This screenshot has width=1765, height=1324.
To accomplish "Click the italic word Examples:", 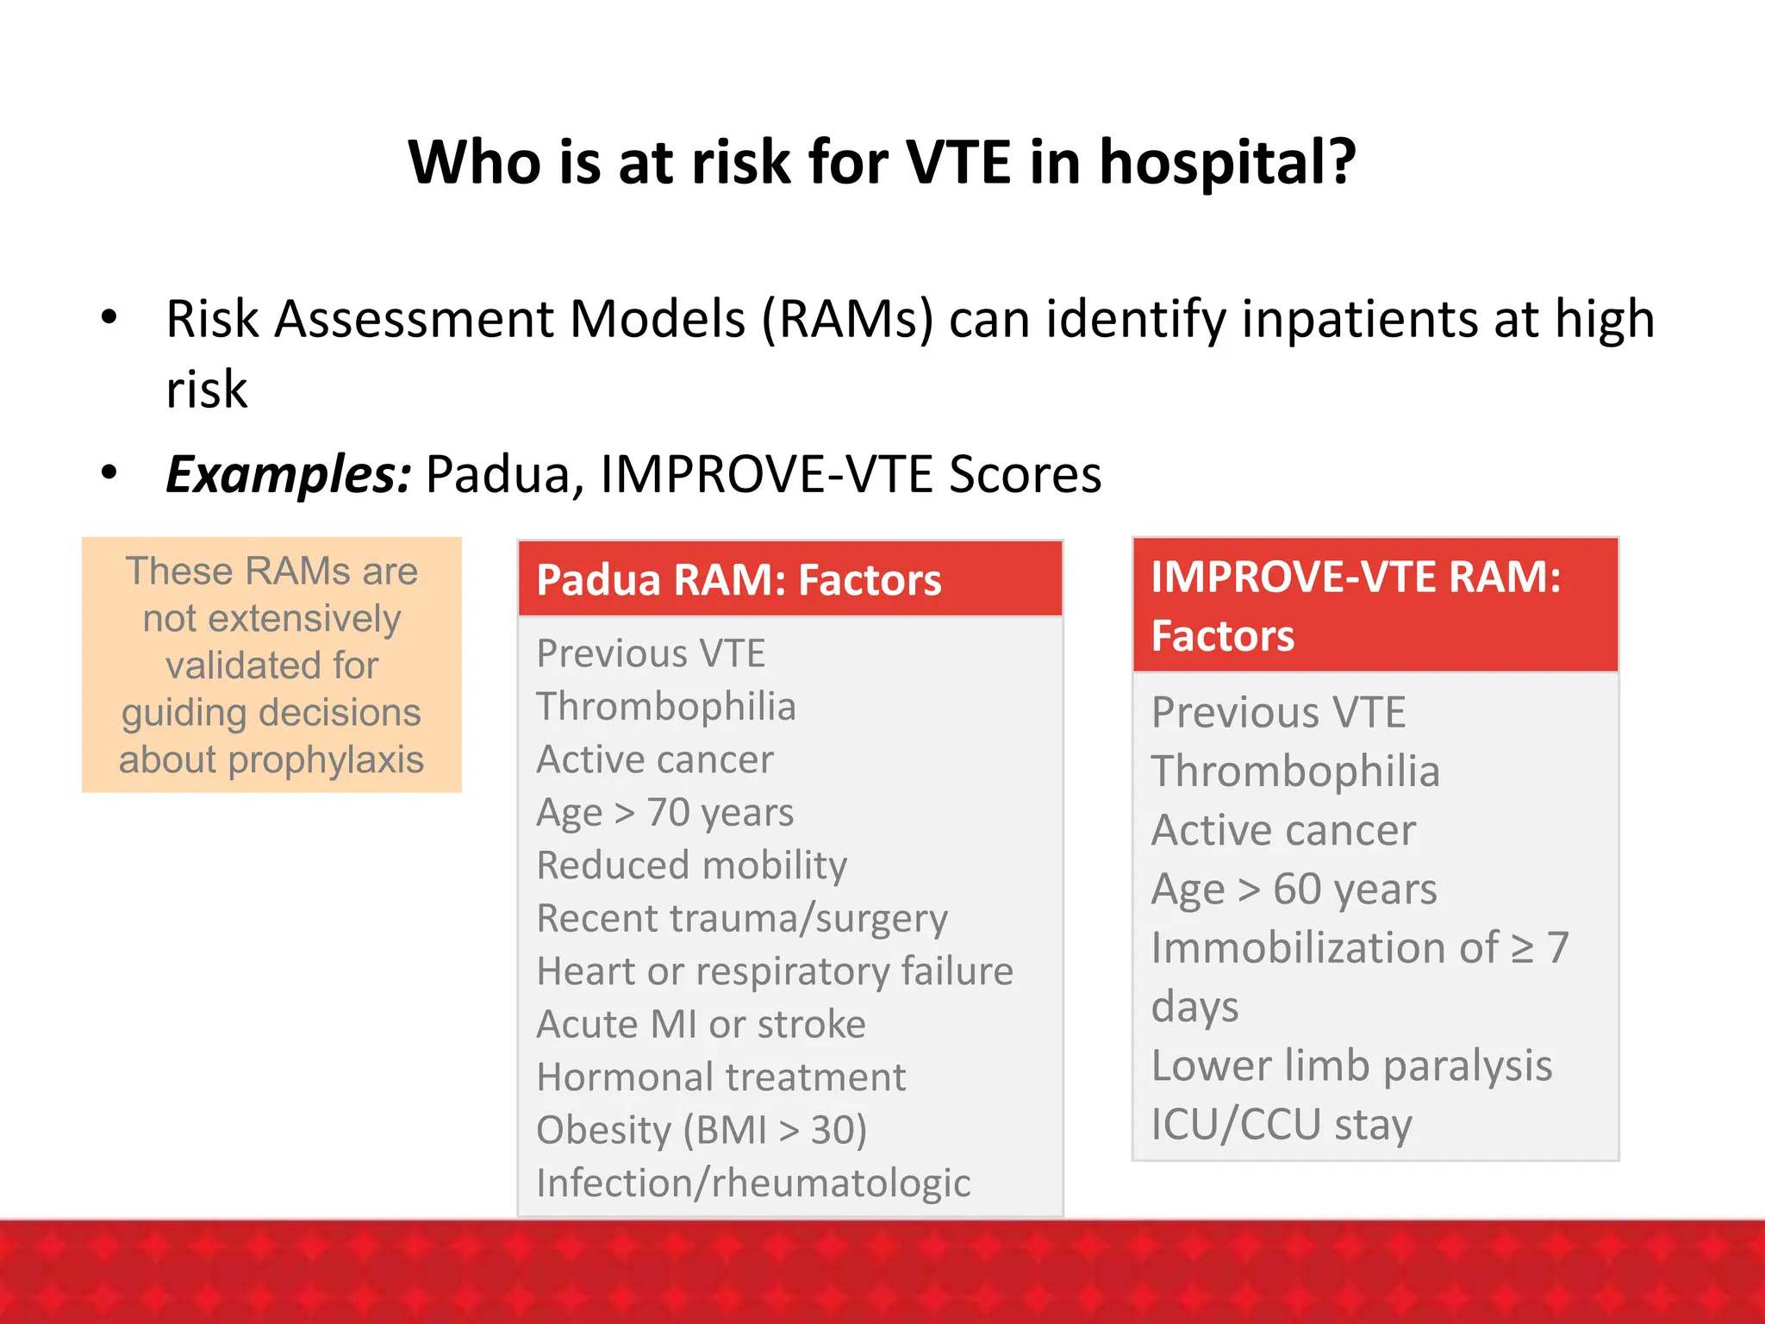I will pyautogui.click(x=289, y=474).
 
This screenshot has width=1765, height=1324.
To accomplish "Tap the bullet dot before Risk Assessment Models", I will pyautogui.click(x=109, y=317).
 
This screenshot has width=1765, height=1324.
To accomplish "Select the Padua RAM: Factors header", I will pyautogui.click(x=739, y=579).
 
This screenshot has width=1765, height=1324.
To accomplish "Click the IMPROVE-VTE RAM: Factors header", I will pyautogui.click(x=1356, y=605).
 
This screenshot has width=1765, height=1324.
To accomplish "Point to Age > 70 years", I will pyautogui.click(x=664, y=812).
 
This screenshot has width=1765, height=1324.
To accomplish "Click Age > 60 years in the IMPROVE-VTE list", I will pyautogui.click(x=1294, y=889).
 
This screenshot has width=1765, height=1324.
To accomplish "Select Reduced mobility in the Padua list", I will pyautogui.click(x=691, y=865).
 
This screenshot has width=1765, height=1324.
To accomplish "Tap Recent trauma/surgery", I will pyautogui.click(x=741, y=919).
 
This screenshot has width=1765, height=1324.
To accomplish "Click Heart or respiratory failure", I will pyautogui.click(x=774, y=971).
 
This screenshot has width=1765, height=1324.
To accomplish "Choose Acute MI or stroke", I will pyautogui.click(x=701, y=1024).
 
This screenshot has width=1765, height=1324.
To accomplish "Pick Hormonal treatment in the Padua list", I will pyautogui.click(x=720, y=1077).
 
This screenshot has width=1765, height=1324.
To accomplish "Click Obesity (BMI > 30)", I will pyautogui.click(x=702, y=1130).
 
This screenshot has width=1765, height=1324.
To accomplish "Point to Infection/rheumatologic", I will pyautogui.click(x=753, y=1183).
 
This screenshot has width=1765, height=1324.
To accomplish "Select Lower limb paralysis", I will pyautogui.click(x=1351, y=1065).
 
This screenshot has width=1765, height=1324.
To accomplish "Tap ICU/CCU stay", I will pyautogui.click(x=1281, y=1124).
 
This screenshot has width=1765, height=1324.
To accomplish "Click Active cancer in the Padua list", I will pyautogui.click(x=655, y=759).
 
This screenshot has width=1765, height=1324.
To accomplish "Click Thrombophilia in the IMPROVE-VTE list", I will pyautogui.click(x=1295, y=771).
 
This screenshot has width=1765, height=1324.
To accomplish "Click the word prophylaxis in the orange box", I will pyautogui.click(x=326, y=760).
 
